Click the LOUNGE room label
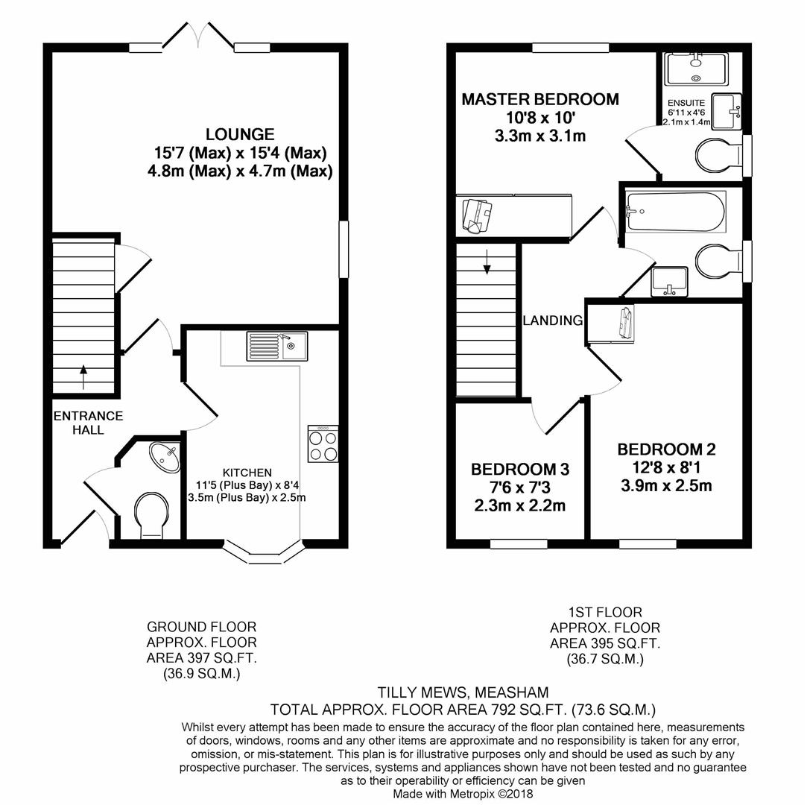[240, 135]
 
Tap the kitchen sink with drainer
[277, 346]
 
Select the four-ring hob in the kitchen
[323, 443]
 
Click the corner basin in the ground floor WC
[165, 457]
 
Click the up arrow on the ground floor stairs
[83, 376]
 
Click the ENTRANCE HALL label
[89, 423]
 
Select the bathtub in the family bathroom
[675, 212]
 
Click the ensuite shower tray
[695, 69]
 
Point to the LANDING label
[553, 321]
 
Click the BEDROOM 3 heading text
[520, 470]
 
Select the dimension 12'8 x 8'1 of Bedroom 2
[666, 468]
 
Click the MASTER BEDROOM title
[540, 99]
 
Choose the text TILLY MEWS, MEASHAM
[463, 692]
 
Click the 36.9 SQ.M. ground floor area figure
[202, 674]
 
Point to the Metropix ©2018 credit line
[463, 794]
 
